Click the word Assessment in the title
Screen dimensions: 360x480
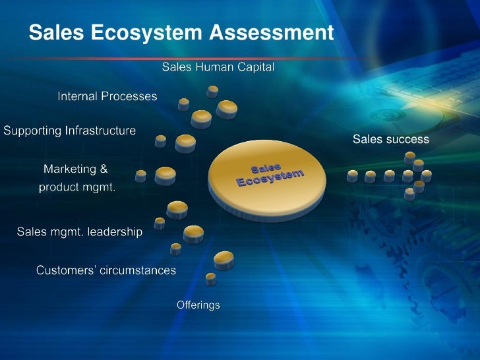coord(272,32)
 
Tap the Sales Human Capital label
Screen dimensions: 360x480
coord(218,67)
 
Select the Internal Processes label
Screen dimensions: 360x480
coord(107,96)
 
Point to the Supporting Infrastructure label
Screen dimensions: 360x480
coord(70,131)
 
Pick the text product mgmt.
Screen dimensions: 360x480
coord(77,187)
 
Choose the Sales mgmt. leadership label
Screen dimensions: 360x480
coord(79,231)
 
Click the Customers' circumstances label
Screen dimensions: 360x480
coord(106,270)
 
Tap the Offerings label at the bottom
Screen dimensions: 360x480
coord(198,305)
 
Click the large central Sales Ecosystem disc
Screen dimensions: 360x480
coord(267,175)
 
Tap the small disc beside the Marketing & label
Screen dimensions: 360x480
coord(140,175)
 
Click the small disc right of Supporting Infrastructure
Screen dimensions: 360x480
coord(160,141)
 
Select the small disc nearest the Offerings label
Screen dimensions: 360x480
coord(211,279)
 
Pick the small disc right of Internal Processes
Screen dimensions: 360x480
coord(183,104)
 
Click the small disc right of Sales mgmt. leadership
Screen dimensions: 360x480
coord(159,223)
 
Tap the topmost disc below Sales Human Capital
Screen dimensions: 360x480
coord(212,91)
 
